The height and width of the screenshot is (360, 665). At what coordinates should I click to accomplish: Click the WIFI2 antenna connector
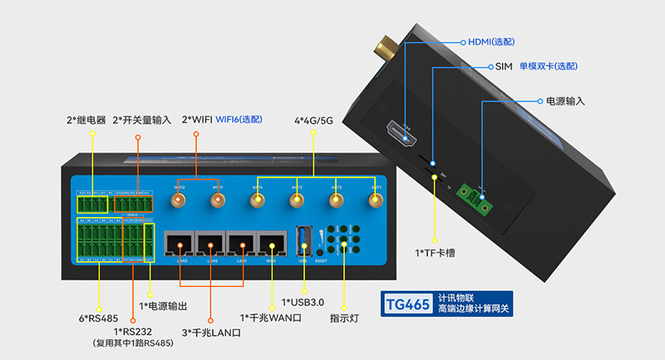tap(179, 200)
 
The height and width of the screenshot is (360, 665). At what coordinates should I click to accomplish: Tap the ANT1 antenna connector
tap(376, 200)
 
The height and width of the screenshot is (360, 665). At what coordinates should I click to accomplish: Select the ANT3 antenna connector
tap(298, 200)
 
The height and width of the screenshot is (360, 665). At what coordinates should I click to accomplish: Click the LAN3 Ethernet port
tap(180, 244)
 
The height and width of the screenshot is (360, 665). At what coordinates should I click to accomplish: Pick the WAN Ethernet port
tap(272, 244)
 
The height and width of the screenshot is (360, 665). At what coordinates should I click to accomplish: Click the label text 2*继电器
tap(86, 120)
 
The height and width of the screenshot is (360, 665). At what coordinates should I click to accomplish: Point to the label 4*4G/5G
tap(314, 120)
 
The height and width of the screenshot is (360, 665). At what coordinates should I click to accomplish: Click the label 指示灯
tap(344, 317)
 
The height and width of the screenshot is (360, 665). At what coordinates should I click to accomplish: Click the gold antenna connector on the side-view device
tap(385, 45)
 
